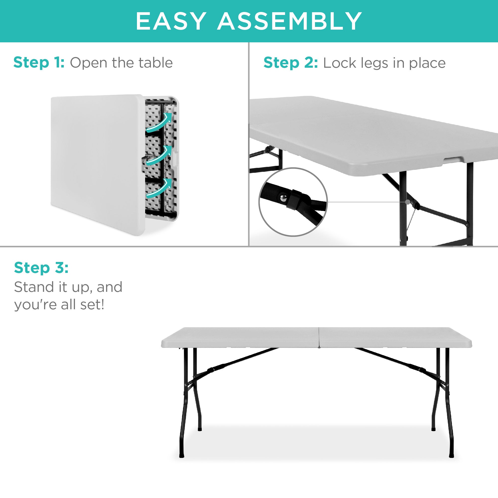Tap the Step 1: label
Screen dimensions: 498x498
point(39,63)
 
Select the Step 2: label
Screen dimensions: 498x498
point(291,63)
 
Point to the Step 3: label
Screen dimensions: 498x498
point(41,268)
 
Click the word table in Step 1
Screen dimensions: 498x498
point(155,63)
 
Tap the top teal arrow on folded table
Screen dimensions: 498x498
point(160,123)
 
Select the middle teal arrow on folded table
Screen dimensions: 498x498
point(160,156)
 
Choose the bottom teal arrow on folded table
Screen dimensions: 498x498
point(160,188)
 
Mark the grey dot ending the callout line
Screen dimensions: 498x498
point(408,202)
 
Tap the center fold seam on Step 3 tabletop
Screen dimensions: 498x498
point(319,337)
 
